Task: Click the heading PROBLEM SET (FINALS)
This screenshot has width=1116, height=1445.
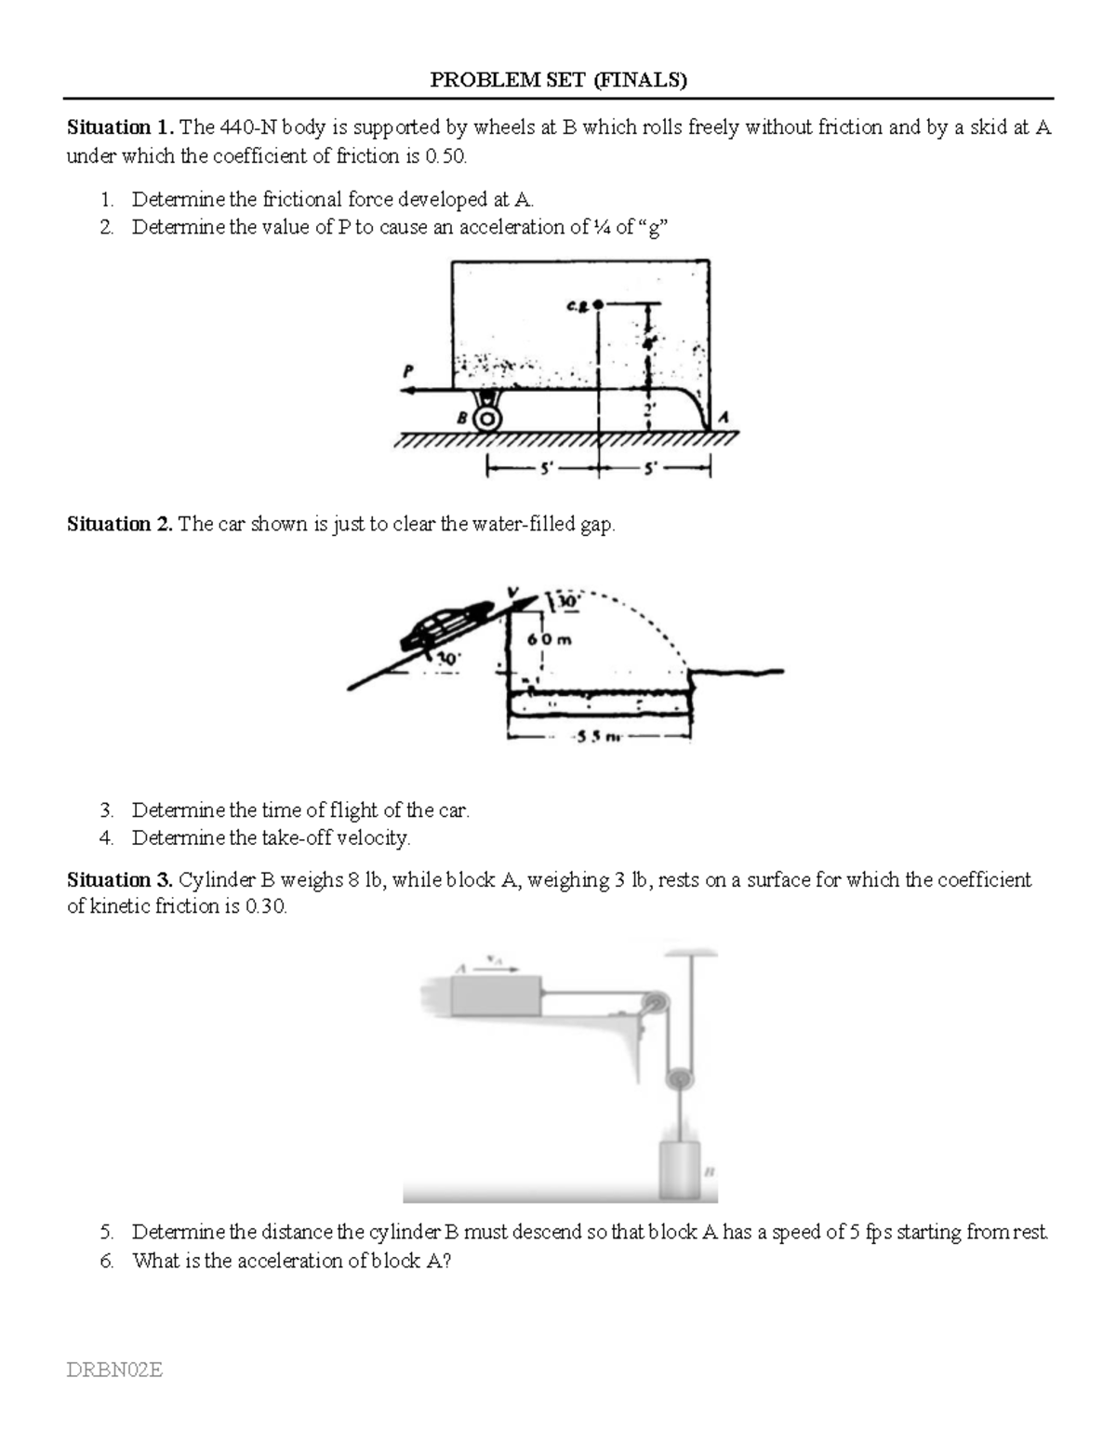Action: point(558,80)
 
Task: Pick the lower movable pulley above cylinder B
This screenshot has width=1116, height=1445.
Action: point(679,1079)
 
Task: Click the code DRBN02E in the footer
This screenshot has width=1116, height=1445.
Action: point(115,1369)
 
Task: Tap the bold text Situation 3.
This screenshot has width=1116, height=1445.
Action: point(119,879)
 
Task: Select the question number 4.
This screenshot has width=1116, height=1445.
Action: point(106,837)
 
